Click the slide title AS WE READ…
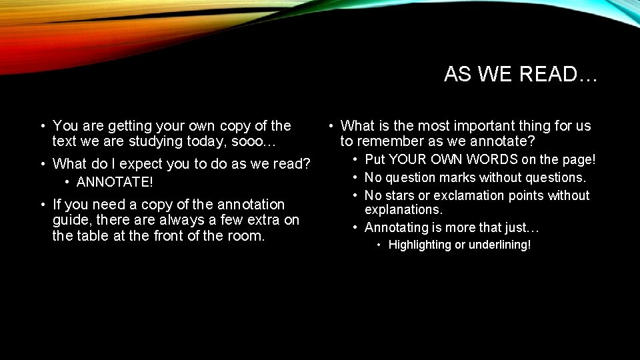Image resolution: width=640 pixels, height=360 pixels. [x=521, y=74]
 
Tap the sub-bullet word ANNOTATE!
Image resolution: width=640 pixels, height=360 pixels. [x=115, y=182]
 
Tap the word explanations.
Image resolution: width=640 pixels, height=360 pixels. [x=403, y=210]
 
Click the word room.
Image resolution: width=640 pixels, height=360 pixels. [x=247, y=235]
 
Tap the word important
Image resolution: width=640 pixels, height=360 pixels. [x=464, y=125]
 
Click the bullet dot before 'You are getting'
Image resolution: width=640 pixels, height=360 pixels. [x=43, y=125]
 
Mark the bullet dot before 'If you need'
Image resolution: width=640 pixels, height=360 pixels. [x=43, y=204]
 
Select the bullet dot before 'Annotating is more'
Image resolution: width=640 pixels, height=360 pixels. [x=355, y=228]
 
